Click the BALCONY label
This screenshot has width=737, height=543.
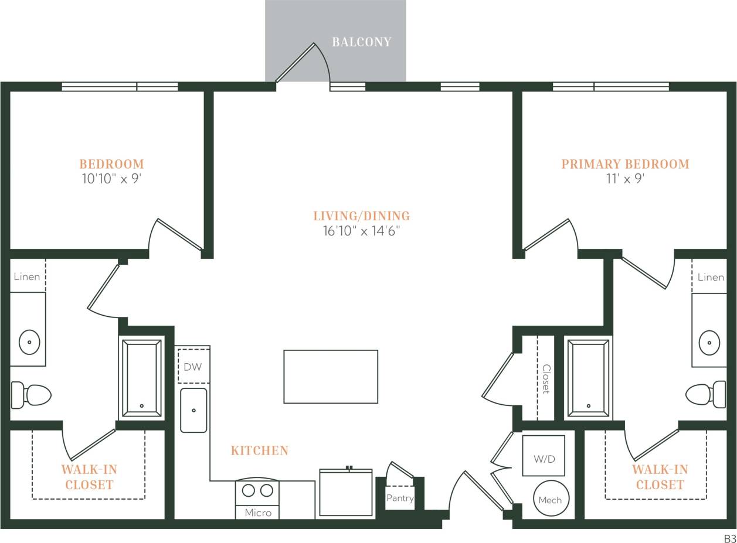[361, 42]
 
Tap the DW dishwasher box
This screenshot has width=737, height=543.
[193, 367]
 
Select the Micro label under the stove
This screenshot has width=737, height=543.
[258, 513]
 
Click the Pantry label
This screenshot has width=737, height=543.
[400, 498]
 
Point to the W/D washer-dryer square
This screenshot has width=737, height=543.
[544, 456]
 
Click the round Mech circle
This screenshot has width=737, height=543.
[550, 499]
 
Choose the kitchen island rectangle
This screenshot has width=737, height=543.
[331, 377]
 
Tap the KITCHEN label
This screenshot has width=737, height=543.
[259, 450]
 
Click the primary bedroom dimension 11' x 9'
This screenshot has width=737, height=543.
[625, 179]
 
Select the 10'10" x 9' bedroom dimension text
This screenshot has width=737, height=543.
[111, 179]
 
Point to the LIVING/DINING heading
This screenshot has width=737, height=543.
[361, 216]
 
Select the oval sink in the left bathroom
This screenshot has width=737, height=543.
[29, 342]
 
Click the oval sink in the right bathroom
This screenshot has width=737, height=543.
[709, 342]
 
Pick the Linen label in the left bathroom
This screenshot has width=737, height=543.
[27, 276]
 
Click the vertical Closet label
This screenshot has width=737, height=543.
[546, 378]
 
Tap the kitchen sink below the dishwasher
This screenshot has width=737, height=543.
[193, 410]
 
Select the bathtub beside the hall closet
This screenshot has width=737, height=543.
[588, 378]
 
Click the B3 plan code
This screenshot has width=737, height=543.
[729, 538]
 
